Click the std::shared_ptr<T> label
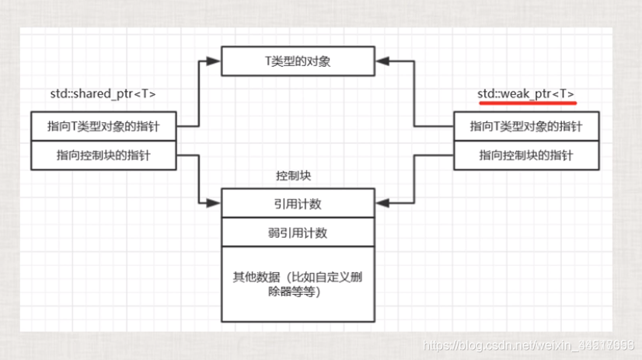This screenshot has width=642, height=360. point(103,94)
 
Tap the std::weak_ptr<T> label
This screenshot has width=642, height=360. point(526,94)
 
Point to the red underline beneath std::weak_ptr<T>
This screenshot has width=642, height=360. point(526,103)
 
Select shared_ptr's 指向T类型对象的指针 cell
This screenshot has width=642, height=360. point(103,126)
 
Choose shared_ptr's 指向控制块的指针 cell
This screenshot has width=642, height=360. point(103,156)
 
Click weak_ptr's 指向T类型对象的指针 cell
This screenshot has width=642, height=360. point(526,126)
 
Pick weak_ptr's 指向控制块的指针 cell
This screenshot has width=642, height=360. point(526,156)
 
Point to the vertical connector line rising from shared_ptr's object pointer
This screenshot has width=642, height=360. point(200,93)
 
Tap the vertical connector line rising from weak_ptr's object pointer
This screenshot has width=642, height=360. point(413,93)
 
